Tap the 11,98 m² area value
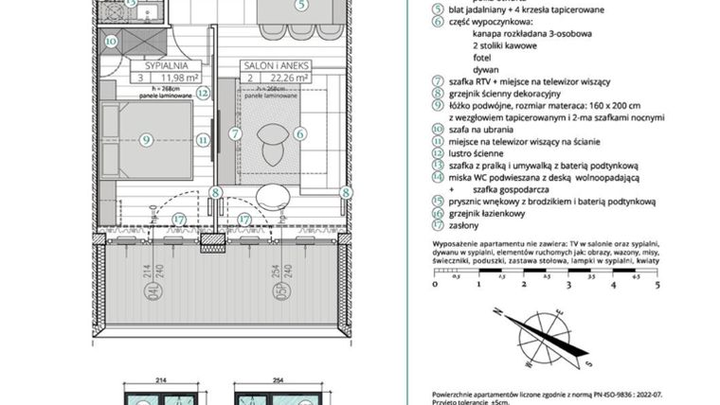[x=175, y=79]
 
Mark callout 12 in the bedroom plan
[x=203, y=94]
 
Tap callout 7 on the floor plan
[x=235, y=134]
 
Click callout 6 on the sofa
[x=299, y=134]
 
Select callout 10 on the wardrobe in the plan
[x=111, y=42]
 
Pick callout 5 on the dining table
[x=300, y=5]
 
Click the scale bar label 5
[x=657, y=283]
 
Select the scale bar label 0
[x=434, y=283]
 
